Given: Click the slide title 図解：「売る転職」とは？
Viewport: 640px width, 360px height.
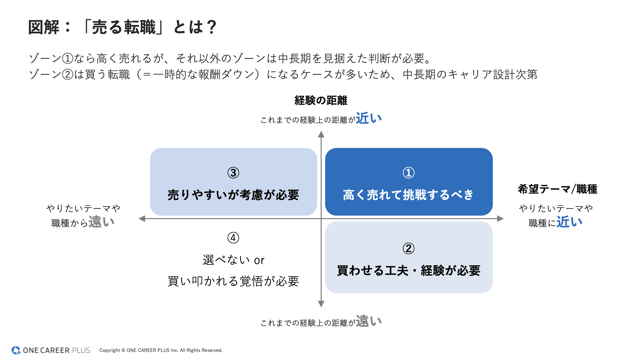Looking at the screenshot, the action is pos(123,27).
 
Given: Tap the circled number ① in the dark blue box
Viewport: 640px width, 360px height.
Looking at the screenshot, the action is pos(409,173).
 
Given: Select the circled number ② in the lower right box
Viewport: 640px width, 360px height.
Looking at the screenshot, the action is pos(409,248).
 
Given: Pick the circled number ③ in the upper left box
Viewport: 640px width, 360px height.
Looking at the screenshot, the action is pos(233,173).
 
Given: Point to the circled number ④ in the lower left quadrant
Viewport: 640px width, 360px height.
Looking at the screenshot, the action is pos(233,238).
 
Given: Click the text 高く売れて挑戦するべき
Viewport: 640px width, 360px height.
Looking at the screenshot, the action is pos(408,195).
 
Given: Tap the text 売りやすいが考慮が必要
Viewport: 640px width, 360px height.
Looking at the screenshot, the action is pos(233,195).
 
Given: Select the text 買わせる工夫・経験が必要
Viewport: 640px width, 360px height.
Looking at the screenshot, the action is pos(409,270).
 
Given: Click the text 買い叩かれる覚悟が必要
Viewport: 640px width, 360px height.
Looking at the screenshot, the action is pos(233,281).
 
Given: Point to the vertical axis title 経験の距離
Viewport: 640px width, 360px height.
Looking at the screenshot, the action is pos(321,100).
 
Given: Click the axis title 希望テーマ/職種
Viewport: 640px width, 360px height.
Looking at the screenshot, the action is pos(558,189).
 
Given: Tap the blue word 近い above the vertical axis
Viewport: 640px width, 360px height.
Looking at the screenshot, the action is pos(369,118).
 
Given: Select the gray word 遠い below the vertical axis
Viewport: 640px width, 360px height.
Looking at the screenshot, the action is pos(369,321).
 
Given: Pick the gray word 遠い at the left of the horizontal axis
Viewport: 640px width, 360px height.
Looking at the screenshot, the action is pos(102,222).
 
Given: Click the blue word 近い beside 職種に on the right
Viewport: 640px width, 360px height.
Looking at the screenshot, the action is pos(569,222).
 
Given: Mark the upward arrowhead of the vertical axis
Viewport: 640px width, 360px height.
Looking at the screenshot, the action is pos(321,134).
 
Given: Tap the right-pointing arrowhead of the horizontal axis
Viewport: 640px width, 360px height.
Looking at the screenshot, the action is pos(500,219).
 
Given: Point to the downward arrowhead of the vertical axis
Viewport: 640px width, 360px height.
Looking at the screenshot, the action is pos(321,304).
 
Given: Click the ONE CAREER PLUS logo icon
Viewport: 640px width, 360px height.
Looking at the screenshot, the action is pos(16,350).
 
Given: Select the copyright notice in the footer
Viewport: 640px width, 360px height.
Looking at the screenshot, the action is pos(161,350).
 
